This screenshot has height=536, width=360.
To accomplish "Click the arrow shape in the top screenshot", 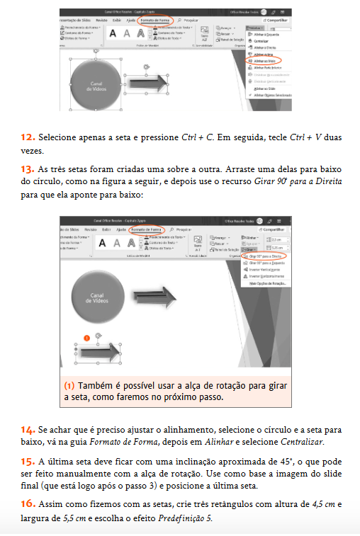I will tap(150, 83).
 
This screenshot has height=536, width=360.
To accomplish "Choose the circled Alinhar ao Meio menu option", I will tap(264, 62).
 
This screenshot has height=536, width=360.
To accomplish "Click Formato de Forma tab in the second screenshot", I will tap(147, 229).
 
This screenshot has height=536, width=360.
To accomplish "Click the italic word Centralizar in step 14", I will tap(302, 442).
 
